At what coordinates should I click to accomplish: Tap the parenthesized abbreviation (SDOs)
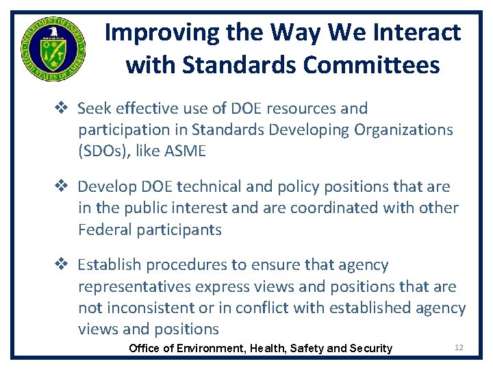click(103, 151)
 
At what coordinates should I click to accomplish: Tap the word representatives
click(134, 286)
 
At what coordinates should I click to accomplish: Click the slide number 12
click(459, 347)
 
